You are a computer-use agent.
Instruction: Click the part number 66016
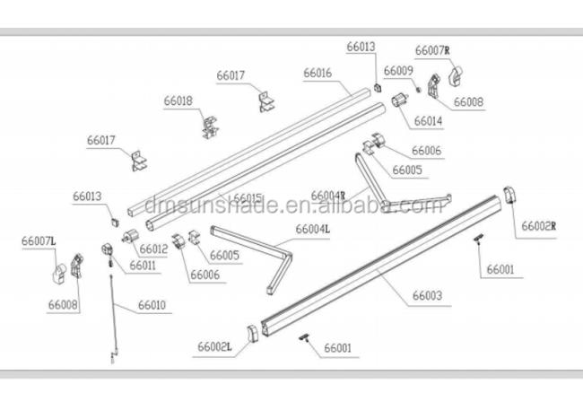(318, 73)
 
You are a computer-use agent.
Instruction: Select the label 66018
(178, 101)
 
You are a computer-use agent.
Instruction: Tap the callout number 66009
(398, 70)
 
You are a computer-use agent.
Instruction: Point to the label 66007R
(431, 50)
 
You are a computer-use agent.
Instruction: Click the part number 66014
(427, 120)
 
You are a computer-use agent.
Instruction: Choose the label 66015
(247, 198)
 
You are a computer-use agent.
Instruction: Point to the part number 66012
(153, 249)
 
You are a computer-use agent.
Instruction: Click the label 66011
(144, 266)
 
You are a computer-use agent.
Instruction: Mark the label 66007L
(39, 240)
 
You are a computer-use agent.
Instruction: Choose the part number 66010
(152, 306)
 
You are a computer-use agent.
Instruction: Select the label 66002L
(216, 346)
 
